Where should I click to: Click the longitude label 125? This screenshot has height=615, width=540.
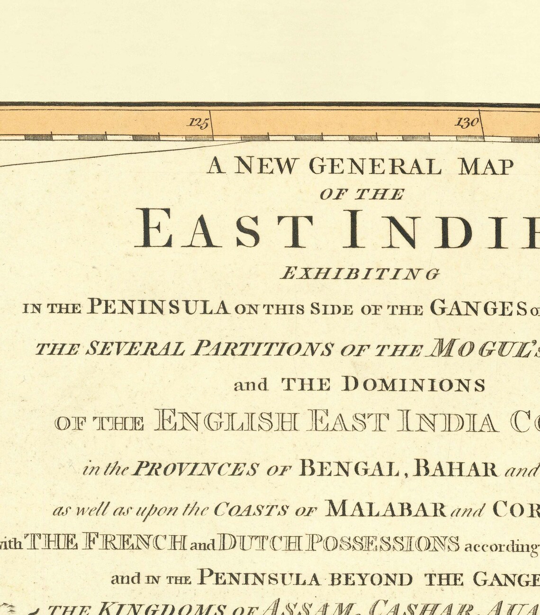pos(198,123)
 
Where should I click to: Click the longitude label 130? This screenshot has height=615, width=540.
pos(467,123)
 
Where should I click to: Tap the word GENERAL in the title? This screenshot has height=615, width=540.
pos(375,166)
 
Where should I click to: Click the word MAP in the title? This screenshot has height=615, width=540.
pos(486,167)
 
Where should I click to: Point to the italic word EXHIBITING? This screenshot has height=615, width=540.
pos(360,274)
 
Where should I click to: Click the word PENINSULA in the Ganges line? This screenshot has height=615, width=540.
pos(160,307)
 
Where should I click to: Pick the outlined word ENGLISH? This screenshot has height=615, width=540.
pos(227,422)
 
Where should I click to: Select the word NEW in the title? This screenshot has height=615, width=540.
pos(266,166)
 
